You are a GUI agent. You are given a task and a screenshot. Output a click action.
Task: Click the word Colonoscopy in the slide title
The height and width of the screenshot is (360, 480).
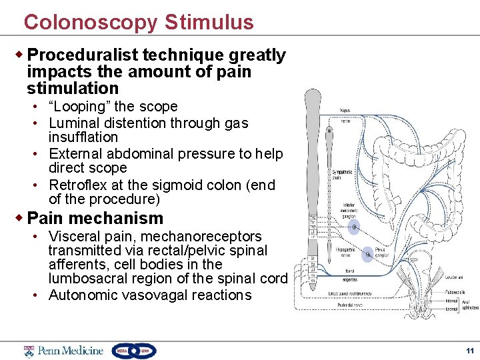click(91, 22)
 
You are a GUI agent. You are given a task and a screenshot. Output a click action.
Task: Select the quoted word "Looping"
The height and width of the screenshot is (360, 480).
click(76, 107)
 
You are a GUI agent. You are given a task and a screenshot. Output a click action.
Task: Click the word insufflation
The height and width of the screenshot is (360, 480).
click(83, 137)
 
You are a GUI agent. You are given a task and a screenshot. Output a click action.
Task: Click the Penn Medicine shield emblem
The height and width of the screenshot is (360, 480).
click(29, 351)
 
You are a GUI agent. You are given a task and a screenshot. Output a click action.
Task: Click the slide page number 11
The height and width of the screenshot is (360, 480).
click(469, 351)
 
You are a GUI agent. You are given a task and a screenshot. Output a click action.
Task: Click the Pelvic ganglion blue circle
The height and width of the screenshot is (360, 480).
click(368, 254)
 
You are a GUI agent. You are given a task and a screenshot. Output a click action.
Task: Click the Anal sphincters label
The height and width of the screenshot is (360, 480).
click(471, 304)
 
